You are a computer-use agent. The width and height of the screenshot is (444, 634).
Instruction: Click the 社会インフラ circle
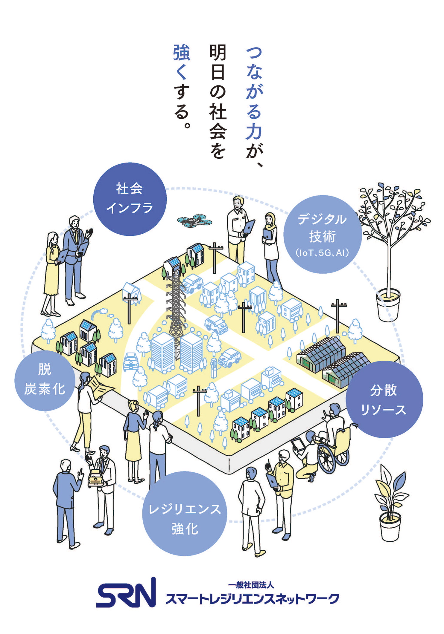[x=130, y=199]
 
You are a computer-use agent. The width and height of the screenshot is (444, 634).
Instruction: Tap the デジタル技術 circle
[x=322, y=235]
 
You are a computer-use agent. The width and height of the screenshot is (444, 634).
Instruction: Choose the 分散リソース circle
[x=384, y=399]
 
